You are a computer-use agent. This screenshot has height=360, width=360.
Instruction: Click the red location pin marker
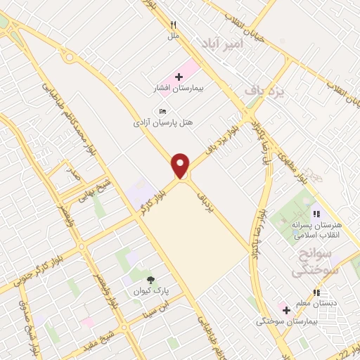point(181,166)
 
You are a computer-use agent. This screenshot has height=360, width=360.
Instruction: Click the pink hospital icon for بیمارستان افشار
point(178,76)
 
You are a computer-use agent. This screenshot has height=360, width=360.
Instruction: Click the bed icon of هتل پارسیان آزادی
point(163,110)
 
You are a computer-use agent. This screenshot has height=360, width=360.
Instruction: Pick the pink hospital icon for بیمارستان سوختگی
point(285,309)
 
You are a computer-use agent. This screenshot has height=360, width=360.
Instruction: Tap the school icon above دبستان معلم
point(317,292)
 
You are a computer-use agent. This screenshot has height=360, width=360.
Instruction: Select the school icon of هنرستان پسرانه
point(316,214)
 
